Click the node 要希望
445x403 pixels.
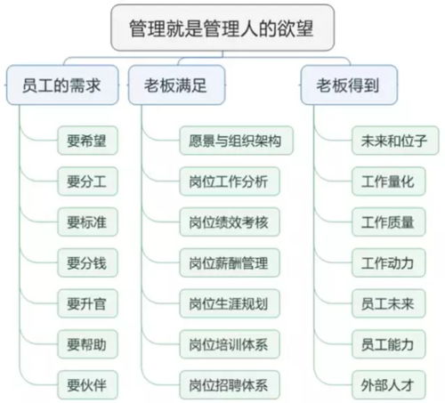(85, 140)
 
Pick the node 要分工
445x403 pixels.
(85, 181)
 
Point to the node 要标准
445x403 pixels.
(85, 222)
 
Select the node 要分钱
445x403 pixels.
(85, 262)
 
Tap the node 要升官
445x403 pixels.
(85, 302)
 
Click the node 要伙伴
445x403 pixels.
(85, 385)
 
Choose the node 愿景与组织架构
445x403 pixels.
(229, 140)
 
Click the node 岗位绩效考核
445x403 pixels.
(229, 222)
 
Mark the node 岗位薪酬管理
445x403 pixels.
(229, 262)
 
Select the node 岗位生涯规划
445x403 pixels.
(229, 302)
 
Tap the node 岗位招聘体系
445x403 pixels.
(229, 385)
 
